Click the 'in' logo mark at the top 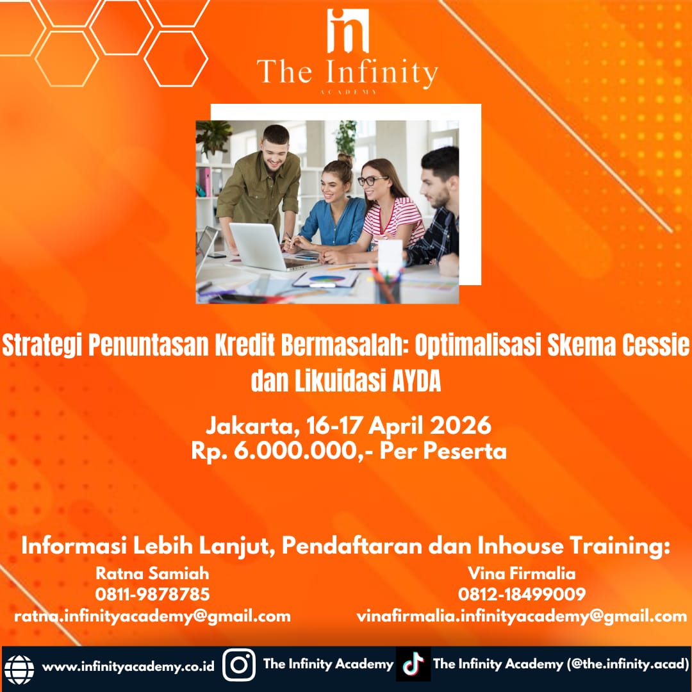pyautogui.click(x=348, y=31)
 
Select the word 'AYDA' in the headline pyautogui.click(x=416, y=381)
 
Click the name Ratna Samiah pyautogui.click(x=152, y=573)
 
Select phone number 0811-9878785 pyautogui.click(x=152, y=594)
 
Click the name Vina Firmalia pyautogui.click(x=522, y=573)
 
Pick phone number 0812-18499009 pyautogui.click(x=522, y=594)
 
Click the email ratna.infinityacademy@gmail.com pyautogui.click(x=152, y=616)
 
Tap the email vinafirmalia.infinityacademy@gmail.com pyautogui.click(x=522, y=616)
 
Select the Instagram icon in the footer pyautogui.click(x=239, y=665)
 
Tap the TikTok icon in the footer pyautogui.click(x=413, y=664)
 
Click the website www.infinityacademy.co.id pyautogui.click(x=128, y=666)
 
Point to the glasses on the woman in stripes pyautogui.click(x=372, y=181)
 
